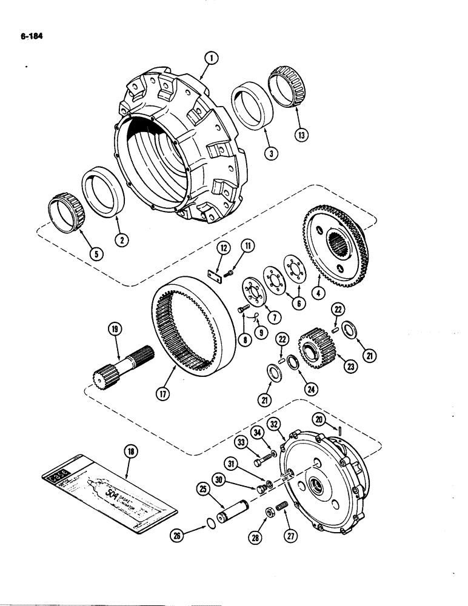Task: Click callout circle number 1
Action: point(210,59)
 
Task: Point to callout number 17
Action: point(164,393)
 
